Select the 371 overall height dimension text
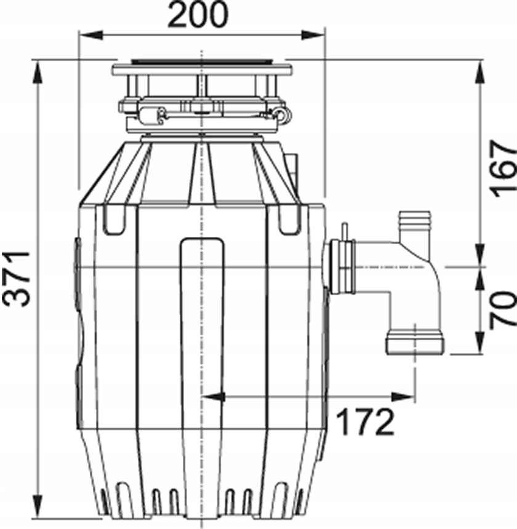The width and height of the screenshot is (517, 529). pyautogui.click(x=19, y=278)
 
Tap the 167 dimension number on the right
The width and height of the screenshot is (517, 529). pyautogui.click(x=500, y=167)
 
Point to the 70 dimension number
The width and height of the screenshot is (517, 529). pyautogui.click(x=500, y=309)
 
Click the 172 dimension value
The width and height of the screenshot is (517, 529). pyautogui.click(x=364, y=422)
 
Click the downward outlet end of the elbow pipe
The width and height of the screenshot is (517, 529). pyautogui.click(x=415, y=344)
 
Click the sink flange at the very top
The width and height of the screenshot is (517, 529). pyautogui.click(x=201, y=66)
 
